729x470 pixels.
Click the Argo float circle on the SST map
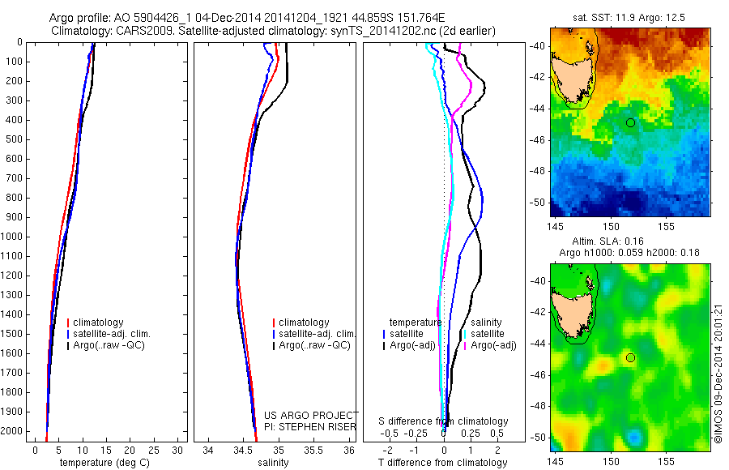point(630,122)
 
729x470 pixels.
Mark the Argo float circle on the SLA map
point(630,357)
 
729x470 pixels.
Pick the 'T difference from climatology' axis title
point(443,463)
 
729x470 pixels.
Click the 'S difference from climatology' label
point(444,421)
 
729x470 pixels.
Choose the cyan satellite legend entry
point(487,334)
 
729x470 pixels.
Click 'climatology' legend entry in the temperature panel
point(97,323)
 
